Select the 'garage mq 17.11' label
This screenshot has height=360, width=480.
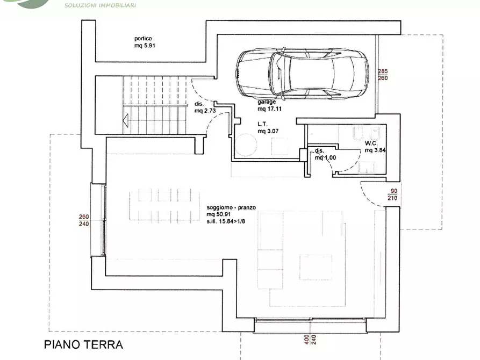point(269,105)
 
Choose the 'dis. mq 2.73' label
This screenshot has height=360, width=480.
point(204,107)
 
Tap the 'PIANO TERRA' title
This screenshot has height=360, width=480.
point(83,344)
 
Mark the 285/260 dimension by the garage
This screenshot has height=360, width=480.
point(383,75)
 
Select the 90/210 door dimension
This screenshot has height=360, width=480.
point(392,195)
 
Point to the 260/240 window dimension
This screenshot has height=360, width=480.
point(84,220)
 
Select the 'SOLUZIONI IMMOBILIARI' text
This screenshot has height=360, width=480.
point(100,5)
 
